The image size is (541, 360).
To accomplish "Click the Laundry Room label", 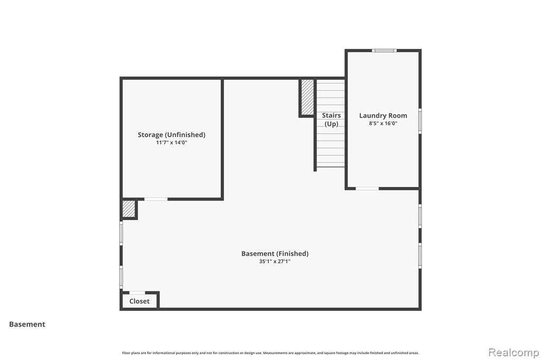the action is tap(383, 116).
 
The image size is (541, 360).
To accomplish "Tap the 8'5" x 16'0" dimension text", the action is tap(383, 124).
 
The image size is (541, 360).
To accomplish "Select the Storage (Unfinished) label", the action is tap(172, 135).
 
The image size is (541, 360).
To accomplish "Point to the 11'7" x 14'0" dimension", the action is tap(172, 143).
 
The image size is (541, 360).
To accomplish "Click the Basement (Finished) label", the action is tap(275, 254).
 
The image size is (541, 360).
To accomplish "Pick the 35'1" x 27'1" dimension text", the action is tap(275, 261).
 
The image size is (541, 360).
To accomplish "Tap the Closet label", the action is tap(139, 301).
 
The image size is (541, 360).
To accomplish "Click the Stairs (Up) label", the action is tap(331, 120).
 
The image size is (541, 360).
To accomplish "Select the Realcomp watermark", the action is tap(514, 353).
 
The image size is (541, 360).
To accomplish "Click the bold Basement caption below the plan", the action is tap(27, 324).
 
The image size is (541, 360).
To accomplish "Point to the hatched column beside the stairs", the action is tap(307, 97).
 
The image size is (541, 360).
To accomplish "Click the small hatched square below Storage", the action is tap(129, 209).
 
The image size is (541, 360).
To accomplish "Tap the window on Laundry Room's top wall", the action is tap(385, 51).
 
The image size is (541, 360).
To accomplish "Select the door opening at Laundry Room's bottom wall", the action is tap(367, 188).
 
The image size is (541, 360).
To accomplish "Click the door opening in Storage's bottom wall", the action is tap(156, 199).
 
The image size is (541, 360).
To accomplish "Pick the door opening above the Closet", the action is tap(137, 293).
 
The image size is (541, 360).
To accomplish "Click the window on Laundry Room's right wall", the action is tap(420, 121).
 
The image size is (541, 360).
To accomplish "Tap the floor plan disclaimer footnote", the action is tap(270, 353).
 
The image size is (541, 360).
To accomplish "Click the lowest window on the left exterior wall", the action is tap(121, 277).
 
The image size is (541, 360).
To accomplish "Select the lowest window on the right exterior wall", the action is tap(420, 255).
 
